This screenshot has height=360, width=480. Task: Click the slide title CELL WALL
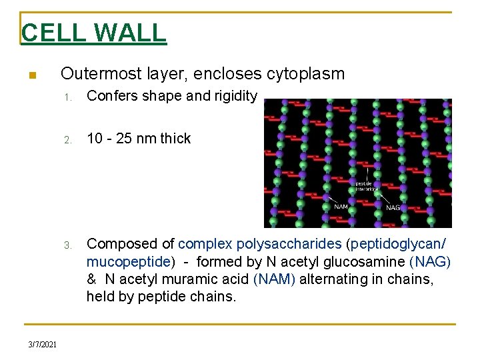pyautogui.click(x=93, y=33)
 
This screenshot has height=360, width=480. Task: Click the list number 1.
pyautogui.click(x=68, y=97)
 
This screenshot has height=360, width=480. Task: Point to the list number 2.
pyautogui.click(x=68, y=140)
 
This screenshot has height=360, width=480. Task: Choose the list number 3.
pyautogui.click(x=68, y=245)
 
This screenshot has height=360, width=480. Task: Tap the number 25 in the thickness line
pyautogui.click(x=126, y=139)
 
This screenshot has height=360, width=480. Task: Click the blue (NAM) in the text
pyautogui.click(x=274, y=279)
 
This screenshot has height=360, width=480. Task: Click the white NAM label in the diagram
pyautogui.click(x=341, y=207)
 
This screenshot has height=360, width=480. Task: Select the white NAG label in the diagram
pyautogui.click(x=394, y=207)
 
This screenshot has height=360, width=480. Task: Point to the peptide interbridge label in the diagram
pyautogui.click(x=366, y=186)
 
